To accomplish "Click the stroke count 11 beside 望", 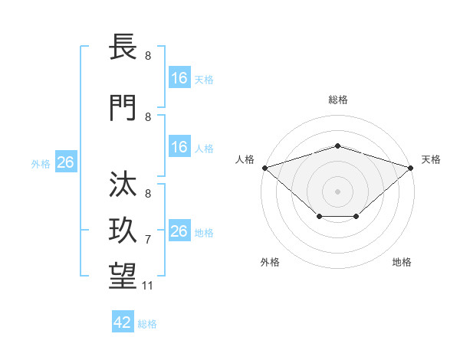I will click(x=148, y=286).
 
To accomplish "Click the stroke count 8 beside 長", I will click(x=148, y=56).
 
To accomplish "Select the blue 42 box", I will click(x=123, y=322).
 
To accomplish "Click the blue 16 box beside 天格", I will click(x=179, y=77).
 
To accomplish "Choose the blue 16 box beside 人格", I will click(x=179, y=147).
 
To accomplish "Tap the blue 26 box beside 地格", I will click(x=179, y=231).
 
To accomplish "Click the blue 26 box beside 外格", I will click(x=65, y=162).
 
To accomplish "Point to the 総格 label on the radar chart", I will click(x=337, y=100).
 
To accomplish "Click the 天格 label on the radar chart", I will click(x=431, y=159).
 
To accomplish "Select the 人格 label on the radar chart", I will click(x=245, y=159).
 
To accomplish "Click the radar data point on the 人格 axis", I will click(x=264, y=167).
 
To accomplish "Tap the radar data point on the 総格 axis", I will click(x=337, y=146).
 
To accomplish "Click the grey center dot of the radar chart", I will click(x=337, y=191).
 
